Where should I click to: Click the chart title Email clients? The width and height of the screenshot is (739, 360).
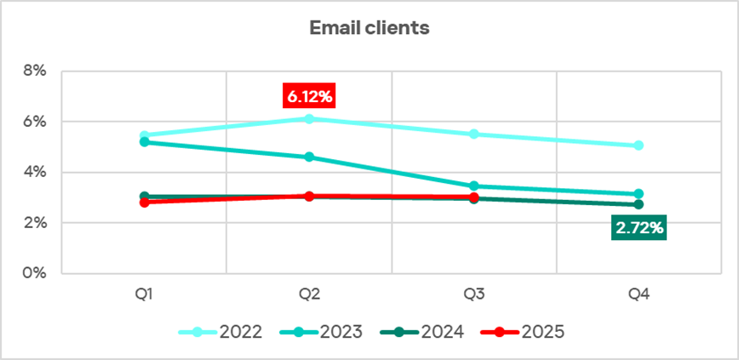click(369, 28)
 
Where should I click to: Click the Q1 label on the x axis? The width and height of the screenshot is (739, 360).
click(144, 294)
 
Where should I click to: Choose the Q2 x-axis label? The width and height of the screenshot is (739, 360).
click(309, 294)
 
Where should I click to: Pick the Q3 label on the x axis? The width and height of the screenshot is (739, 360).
click(473, 294)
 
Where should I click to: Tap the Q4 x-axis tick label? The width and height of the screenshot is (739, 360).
click(639, 294)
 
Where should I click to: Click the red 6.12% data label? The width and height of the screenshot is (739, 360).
click(309, 96)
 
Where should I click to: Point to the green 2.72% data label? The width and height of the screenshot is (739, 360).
click(638, 228)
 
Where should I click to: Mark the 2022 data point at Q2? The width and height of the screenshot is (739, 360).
click(309, 118)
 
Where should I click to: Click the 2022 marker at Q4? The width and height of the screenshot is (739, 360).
click(639, 146)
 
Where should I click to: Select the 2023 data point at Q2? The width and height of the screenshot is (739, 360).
click(309, 157)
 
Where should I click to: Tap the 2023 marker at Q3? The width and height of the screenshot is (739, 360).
click(473, 186)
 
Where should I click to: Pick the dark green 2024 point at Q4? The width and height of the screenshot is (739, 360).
click(639, 204)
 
